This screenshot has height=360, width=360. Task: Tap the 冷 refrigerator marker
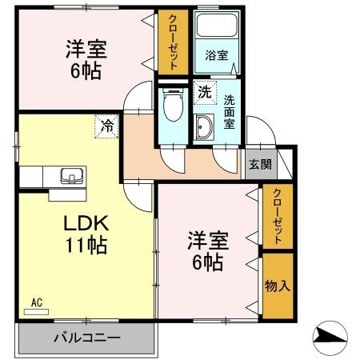[106, 125]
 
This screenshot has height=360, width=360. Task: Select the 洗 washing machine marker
[205, 92]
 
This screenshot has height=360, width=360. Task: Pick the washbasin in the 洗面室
[203, 127]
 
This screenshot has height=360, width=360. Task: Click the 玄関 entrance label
[260, 165]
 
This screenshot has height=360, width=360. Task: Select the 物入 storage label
[277, 286]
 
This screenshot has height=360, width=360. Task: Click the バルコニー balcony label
[86, 338]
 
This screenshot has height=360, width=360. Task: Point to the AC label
[36, 302]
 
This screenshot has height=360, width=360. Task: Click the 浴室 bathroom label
[215, 56]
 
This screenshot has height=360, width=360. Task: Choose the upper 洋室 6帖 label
[83, 60]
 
